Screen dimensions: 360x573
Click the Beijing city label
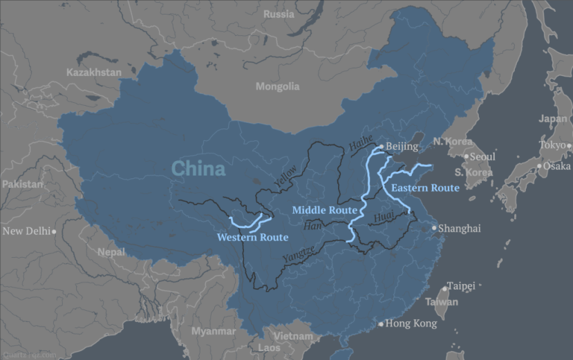pyautogui.click(x=402, y=146)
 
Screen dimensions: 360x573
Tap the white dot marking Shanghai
pyautogui.click(x=435, y=228)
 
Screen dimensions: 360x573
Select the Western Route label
pyautogui.click(x=252, y=238)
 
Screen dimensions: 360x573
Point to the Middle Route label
pyautogui.click(x=324, y=210)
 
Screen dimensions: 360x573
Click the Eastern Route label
pyautogui.click(x=424, y=188)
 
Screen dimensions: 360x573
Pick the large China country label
pyautogui.click(x=198, y=169)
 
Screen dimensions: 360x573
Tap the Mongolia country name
pyautogui.click(x=277, y=86)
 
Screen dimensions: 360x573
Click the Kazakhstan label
pyautogui.click(x=94, y=73)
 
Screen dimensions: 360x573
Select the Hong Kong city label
pyautogui.click(x=411, y=323)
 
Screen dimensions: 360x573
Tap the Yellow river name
pyautogui.click(x=285, y=176)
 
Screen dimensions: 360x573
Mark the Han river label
pyautogui.click(x=313, y=226)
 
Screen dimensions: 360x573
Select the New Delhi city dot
pyautogui.click(x=54, y=231)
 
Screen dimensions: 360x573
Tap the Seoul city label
pyautogui.click(x=482, y=157)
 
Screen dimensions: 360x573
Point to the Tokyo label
pyautogui.click(x=552, y=145)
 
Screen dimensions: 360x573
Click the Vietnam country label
pyautogui.click(x=292, y=337)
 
